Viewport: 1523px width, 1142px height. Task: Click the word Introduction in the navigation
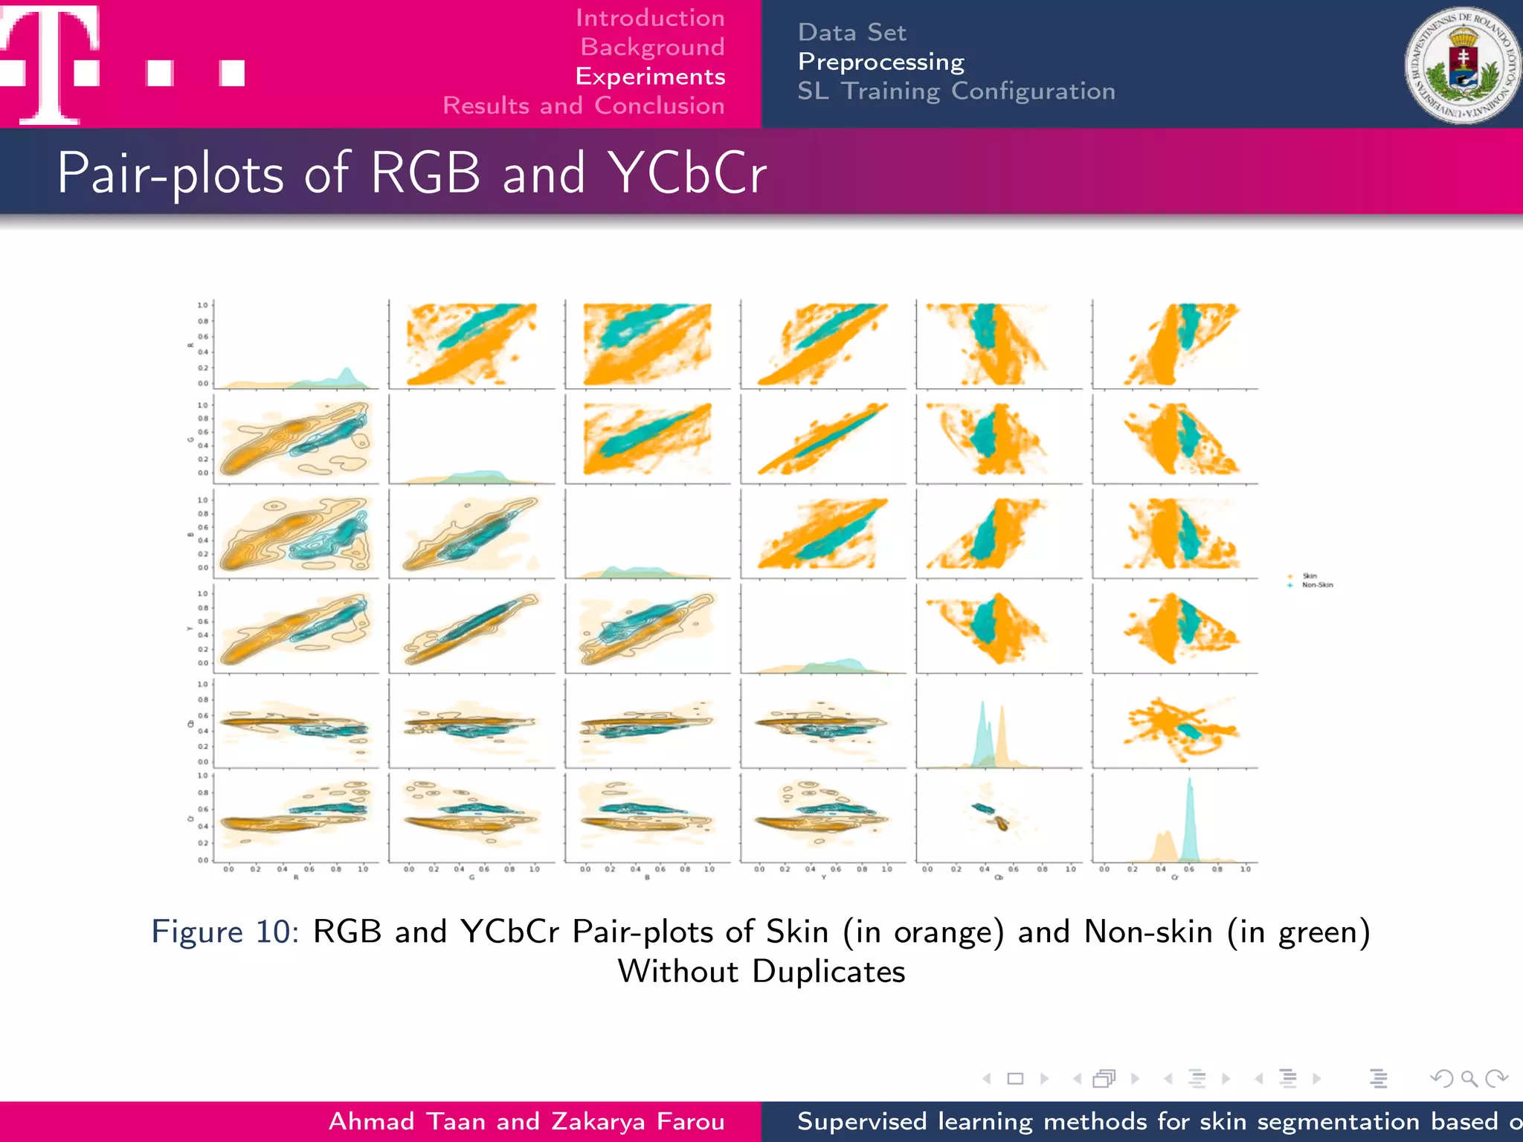(x=650, y=18)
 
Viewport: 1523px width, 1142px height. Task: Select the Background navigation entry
(x=652, y=47)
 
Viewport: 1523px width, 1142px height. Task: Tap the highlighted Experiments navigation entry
(x=650, y=77)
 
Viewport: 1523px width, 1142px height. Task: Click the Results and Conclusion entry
(x=584, y=106)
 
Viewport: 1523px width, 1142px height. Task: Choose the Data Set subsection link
(x=851, y=33)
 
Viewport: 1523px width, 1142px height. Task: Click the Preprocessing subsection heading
(x=880, y=62)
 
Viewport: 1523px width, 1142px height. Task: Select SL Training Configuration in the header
(x=956, y=91)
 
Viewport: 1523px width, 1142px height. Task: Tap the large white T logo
(x=51, y=63)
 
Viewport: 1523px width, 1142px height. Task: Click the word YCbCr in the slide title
(x=687, y=173)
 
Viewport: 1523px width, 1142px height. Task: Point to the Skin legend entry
(x=1309, y=576)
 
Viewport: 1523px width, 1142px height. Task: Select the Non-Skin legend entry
(x=1316, y=585)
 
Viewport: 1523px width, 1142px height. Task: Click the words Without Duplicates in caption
(x=761, y=972)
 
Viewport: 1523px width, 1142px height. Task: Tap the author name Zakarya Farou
(x=638, y=1121)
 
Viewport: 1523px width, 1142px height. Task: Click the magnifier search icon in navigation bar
(x=1469, y=1078)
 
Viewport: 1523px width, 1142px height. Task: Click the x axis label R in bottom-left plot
(x=296, y=878)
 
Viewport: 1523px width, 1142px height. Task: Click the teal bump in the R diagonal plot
(x=346, y=374)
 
